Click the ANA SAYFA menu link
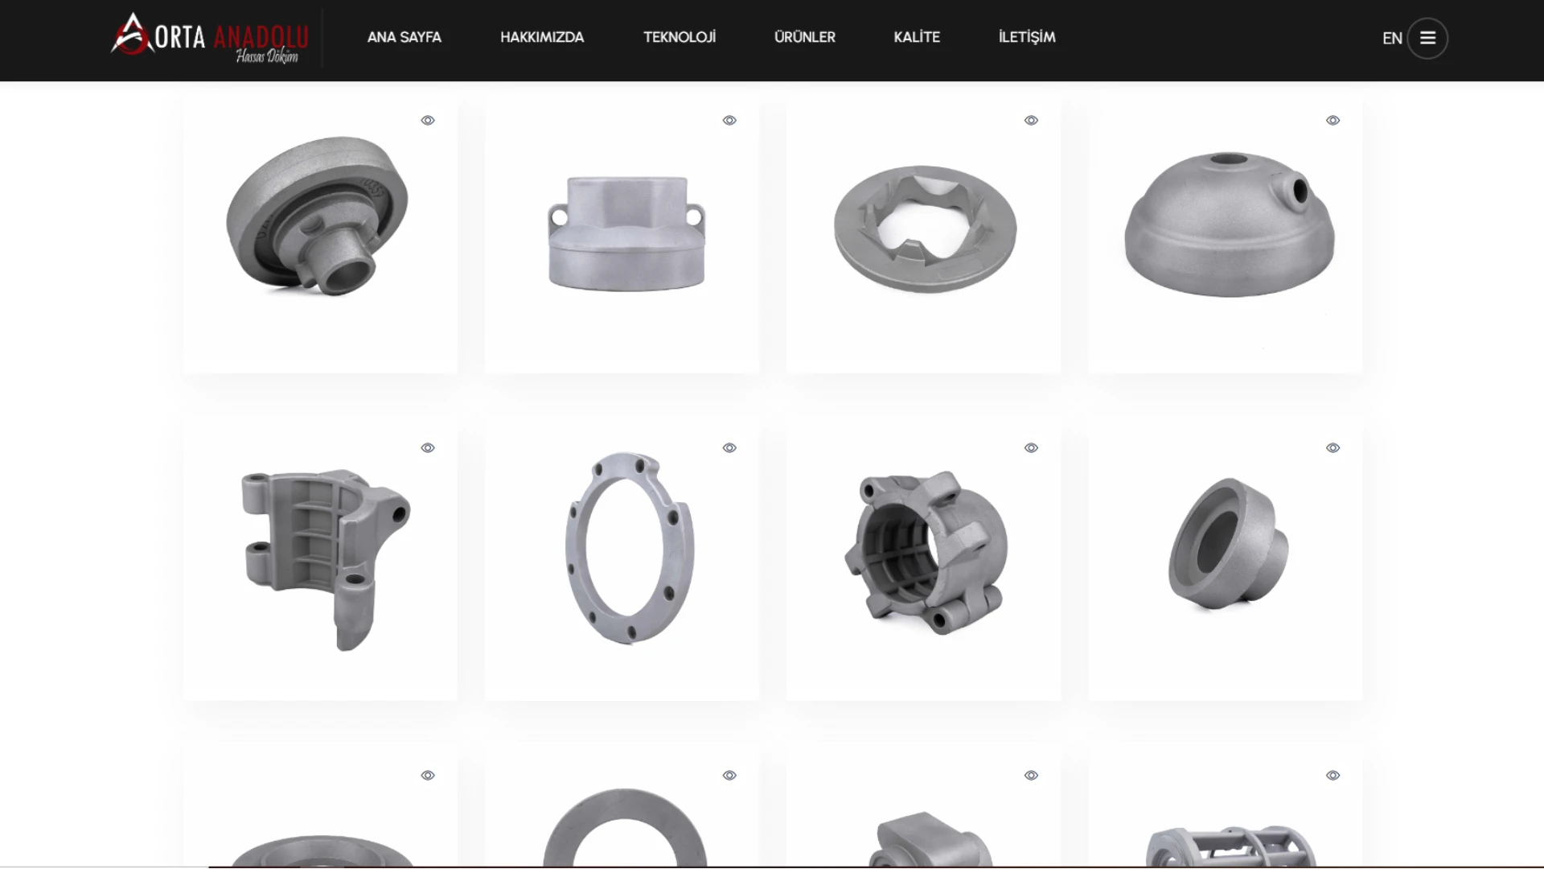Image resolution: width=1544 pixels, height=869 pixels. (404, 37)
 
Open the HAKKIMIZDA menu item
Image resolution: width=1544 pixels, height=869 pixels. (542, 37)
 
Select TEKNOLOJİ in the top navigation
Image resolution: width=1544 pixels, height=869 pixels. (680, 37)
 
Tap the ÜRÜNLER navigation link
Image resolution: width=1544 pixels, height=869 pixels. (804, 37)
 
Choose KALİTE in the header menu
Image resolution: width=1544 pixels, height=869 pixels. (917, 37)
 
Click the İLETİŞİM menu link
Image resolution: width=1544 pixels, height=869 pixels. (1027, 37)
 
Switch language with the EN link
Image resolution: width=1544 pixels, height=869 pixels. (1392, 39)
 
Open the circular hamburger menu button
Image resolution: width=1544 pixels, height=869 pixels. (1427, 39)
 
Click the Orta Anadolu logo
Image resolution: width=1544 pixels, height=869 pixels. (210, 38)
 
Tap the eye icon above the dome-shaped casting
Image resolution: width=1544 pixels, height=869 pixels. (1333, 121)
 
